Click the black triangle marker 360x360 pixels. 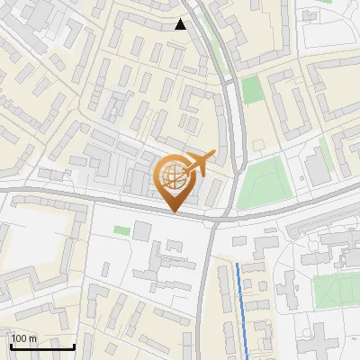pyautogui.click(x=181, y=24)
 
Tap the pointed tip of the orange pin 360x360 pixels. pyautogui.click(x=174, y=211)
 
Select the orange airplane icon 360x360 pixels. pyautogui.click(x=200, y=163)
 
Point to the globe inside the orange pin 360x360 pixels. pyautogui.click(x=172, y=175)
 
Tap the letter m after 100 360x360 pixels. pyautogui.click(x=32, y=337)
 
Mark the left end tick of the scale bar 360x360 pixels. pyautogui.click(x=10, y=345)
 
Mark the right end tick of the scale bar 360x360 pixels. pyautogui.click(x=74, y=345)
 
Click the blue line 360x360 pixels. pyautogui.click(x=241, y=306)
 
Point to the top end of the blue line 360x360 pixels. pyautogui.click(x=238, y=264)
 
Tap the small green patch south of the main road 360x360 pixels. pyautogui.click(x=121, y=230)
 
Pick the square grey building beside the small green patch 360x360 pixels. pyautogui.click(x=142, y=230)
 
